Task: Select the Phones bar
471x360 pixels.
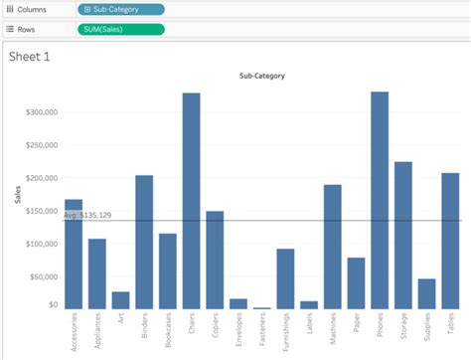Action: [x=380, y=200]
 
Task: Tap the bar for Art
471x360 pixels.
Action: [x=120, y=299]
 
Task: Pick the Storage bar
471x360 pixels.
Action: [x=402, y=235]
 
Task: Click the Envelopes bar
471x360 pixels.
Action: [x=238, y=303]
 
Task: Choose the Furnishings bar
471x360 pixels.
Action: [x=285, y=278]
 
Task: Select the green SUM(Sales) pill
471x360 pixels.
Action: [x=120, y=29]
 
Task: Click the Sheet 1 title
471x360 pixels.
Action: [x=29, y=57]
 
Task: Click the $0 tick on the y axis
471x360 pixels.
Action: [x=54, y=305]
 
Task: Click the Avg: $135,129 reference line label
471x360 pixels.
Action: [x=87, y=215]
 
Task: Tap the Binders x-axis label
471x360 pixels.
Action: [x=144, y=327]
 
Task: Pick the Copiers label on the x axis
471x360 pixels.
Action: [x=215, y=327]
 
